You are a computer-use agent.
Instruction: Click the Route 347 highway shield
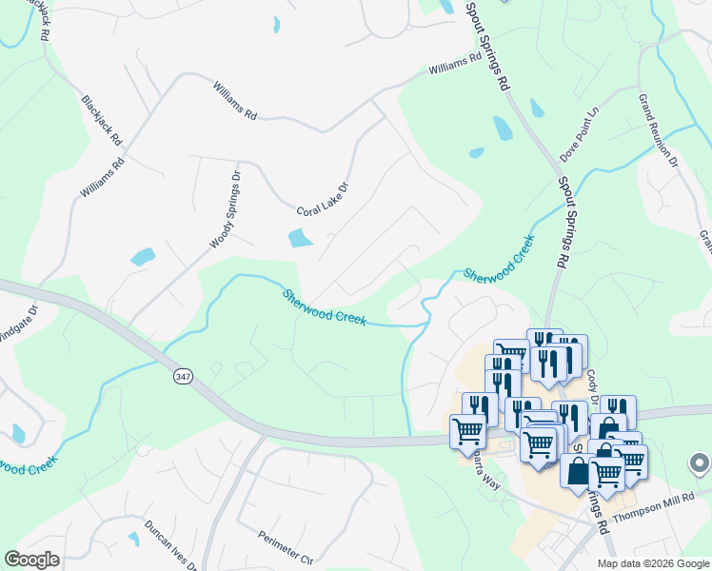(x=183, y=377)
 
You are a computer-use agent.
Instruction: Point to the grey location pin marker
(x=699, y=464)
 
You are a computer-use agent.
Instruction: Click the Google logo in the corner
(x=31, y=559)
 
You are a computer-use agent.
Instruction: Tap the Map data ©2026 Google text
(x=652, y=563)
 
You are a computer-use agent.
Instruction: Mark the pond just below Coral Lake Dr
(x=300, y=238)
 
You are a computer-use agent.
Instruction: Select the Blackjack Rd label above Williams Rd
(x=102, y=120)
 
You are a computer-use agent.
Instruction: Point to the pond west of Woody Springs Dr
(x=143, y=256)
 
